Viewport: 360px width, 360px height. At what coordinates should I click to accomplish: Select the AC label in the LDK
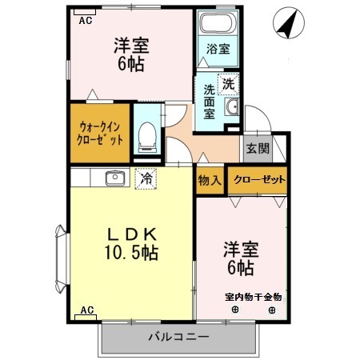pos(86,310)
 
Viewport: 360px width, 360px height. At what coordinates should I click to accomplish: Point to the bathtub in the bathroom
pos(218,25)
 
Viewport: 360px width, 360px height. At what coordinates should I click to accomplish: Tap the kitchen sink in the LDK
pos(113,178)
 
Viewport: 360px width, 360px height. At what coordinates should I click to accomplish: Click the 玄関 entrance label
pos(257,149)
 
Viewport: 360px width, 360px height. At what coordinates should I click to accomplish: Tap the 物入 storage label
pos(210,180)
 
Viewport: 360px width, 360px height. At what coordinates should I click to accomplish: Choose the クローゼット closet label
pos(258,180)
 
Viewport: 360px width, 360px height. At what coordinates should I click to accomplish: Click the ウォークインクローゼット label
pos(102,132)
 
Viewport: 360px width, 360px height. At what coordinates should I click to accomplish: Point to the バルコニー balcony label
pos(178,337)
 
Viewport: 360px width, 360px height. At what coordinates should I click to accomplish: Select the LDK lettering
pos(130,234)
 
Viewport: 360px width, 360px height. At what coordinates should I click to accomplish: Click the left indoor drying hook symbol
pos(235,310)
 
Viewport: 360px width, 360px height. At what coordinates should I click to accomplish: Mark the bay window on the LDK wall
pos(61,258)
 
